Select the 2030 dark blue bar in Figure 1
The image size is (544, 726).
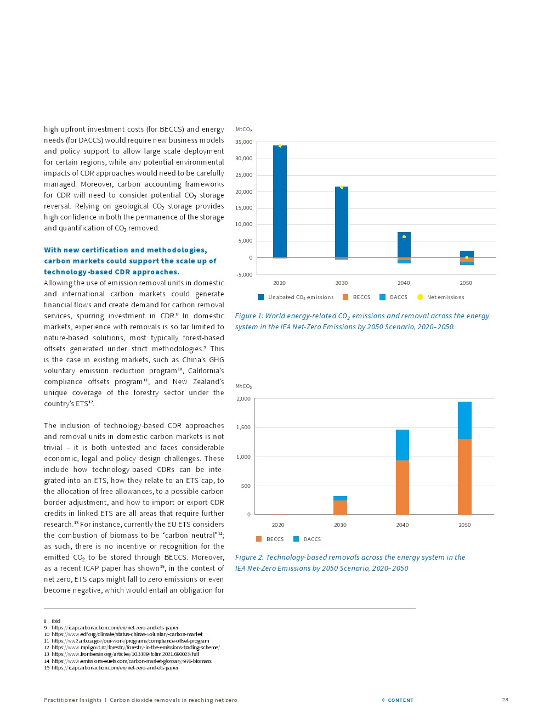342,222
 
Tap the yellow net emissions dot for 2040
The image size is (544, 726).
404,237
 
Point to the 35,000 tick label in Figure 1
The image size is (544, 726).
244,142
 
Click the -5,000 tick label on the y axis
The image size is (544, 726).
245,274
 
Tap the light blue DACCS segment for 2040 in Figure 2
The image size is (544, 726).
403,445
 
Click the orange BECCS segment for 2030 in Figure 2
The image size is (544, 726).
340,508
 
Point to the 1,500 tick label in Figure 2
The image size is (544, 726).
243,427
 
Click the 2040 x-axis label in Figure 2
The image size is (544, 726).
403,525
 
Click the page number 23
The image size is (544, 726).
505,700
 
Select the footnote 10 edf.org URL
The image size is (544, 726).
127,634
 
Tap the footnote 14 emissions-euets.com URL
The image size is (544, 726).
132,661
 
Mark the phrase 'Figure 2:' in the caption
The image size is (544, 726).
249,558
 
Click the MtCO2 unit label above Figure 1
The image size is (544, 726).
243,130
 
